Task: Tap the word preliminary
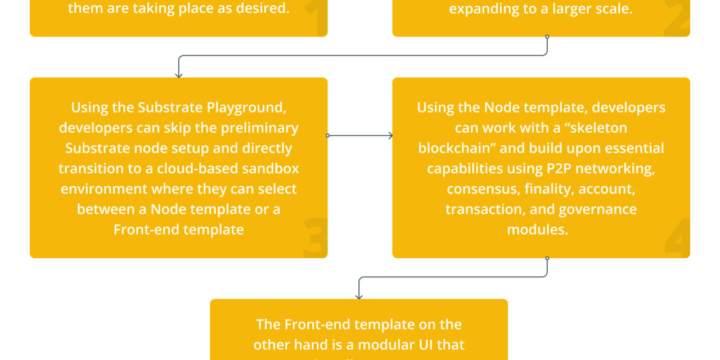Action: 260,128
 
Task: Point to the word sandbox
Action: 272,168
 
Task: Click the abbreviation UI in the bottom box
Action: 418,345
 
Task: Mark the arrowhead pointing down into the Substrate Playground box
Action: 179,74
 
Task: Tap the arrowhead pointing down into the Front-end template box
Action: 359,296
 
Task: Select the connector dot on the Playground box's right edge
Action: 328,136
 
